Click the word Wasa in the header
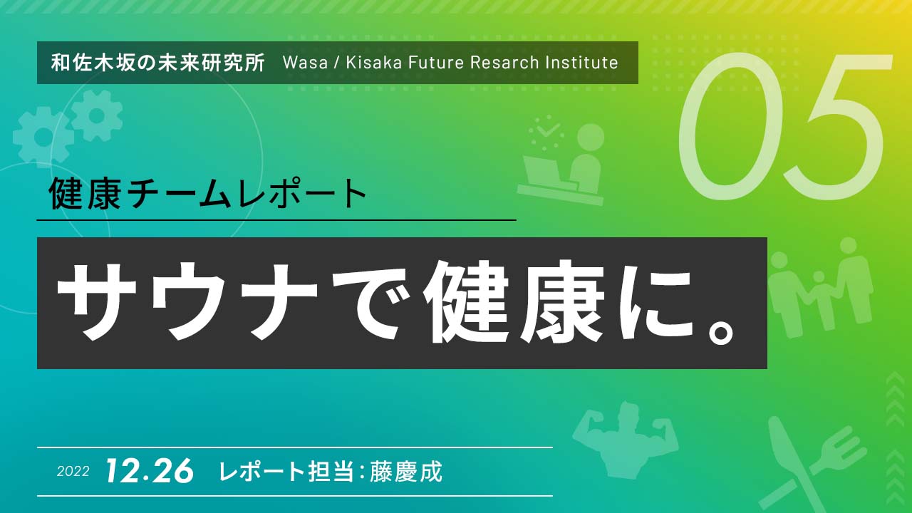[x=306, y=63]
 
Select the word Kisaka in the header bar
[x=374, y=63]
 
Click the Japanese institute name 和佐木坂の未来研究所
[x=158, y=63]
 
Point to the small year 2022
[x=73, y=472]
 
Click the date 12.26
[x=150, y=471]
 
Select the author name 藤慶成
[x=406, y=472]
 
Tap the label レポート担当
[x=286, y=472]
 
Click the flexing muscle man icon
[x=625, y=440]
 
